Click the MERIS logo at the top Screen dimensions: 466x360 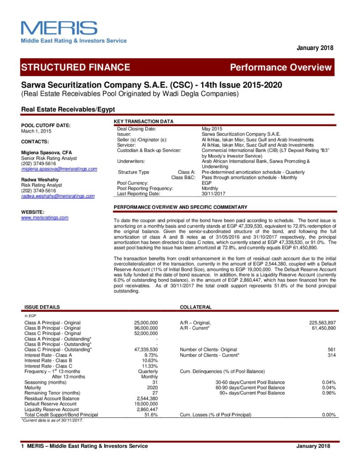[x=59, y=28]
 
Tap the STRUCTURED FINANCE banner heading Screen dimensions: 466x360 [x=76, y=67]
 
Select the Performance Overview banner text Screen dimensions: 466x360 [x=281, y=68]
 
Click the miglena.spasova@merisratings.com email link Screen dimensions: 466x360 [x=59, y=169]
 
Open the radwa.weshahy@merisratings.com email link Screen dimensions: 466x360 [x=58, y=196]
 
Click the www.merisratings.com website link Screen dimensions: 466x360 [x=45, y=218]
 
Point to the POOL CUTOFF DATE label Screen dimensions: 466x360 [x=46, y=125]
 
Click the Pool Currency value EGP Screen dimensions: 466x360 [x=207, y=183]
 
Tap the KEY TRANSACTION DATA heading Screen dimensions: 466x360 [x=143, y=122]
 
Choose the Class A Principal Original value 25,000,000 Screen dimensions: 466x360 [x=146, y=323]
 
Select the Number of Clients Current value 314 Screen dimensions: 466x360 [x=332, y=355]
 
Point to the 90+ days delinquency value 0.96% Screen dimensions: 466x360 [x=329, y=393]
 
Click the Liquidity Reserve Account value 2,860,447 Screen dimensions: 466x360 [x=147, y=409]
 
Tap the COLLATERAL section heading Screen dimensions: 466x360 [x=196, y=307]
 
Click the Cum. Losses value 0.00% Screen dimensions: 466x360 [x=329, y=415]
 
